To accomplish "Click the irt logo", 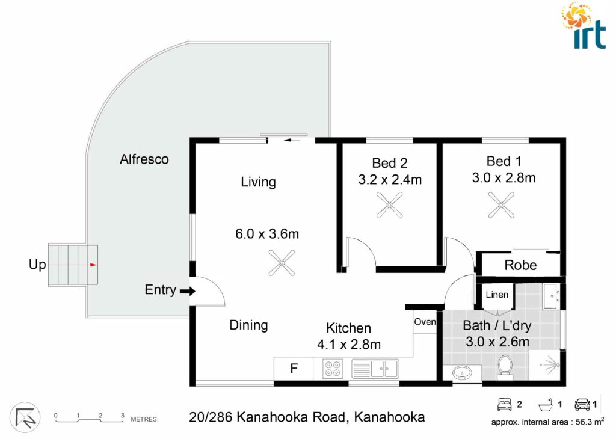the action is pos(584,25).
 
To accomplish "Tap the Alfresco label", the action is pos(144,159).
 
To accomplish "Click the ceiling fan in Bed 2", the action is pos(389,205).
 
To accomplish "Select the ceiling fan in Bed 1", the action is pos(501,205).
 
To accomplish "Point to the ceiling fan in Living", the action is pos(282,263).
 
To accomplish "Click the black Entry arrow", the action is pos(188,291).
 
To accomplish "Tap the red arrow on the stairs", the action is pos(93,265).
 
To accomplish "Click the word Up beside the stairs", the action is pos(37,265).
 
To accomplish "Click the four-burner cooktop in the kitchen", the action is pos(332,369).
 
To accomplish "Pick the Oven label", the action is pos(425,322).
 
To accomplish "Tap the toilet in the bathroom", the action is pos(505,368).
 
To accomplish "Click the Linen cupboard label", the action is pos(497,295).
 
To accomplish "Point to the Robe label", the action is pos(520,265).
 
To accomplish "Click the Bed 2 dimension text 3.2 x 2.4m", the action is pos(390,180).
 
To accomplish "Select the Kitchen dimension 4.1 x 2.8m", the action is pos(349,345).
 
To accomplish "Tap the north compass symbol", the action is pos(25,417).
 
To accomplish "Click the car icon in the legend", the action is pos(582,405).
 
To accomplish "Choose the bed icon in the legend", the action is pos(505,405).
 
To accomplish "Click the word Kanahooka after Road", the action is pos(389,417).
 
